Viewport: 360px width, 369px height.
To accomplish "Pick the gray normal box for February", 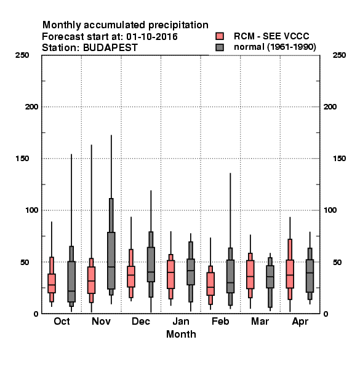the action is (x=230, y=276).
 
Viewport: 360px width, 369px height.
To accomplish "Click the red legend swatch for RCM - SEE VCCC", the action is (x=220, y=36).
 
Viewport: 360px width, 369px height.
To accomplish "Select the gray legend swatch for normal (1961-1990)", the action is (x=220, y=47).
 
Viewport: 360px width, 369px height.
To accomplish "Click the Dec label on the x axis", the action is (x=141, y=321).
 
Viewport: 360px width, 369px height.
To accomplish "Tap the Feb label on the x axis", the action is (x=220, y=321).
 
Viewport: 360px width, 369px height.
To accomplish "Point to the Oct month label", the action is (x=62, y=321).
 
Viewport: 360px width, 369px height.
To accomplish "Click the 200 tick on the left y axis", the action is (x=31, y=107).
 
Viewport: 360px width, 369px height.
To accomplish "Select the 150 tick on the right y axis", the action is (x=339, y=159).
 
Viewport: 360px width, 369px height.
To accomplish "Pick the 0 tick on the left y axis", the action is (x=36, y=314).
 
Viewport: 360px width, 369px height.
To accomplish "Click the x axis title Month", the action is (x=181, y=334).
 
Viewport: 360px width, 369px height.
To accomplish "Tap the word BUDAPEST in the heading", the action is (x=110, y=47).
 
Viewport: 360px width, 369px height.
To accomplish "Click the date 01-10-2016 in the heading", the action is (x=152, y=37).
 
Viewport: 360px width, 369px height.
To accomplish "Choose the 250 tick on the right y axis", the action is (x=339, y=55).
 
